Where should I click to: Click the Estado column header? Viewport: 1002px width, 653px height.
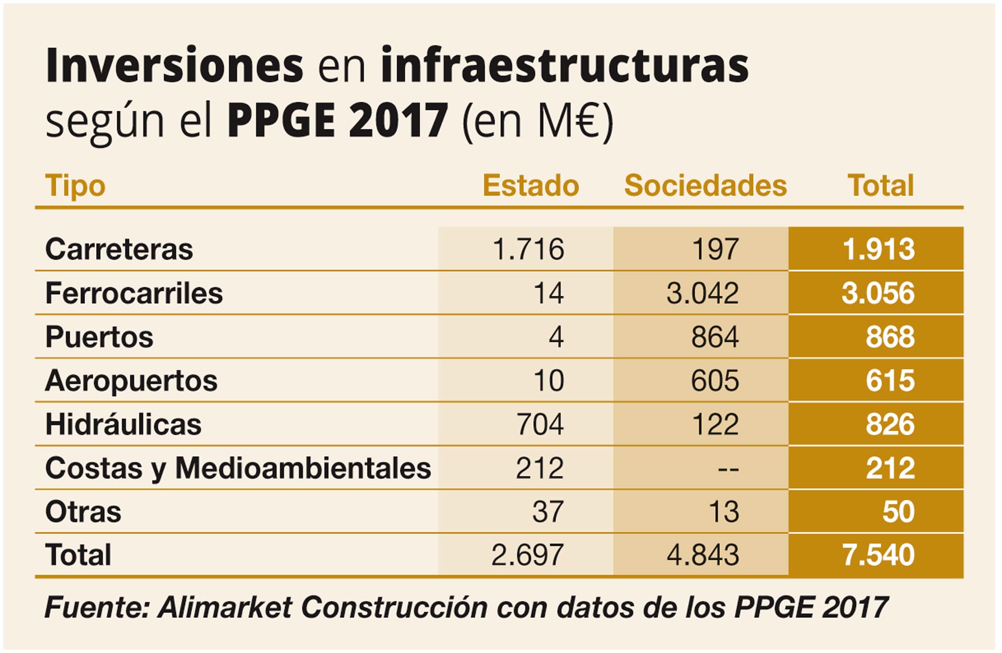(530, 186)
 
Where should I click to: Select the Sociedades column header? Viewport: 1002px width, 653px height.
(705, 186)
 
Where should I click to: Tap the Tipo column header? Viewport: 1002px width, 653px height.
(75, 186)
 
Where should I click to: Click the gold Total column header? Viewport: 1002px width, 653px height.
(880, 186)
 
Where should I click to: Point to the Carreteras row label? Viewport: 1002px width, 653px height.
(119, 250)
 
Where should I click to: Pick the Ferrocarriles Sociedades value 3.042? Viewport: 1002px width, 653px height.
(702, 294)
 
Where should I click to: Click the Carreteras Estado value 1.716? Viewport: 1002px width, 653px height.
(528, 250)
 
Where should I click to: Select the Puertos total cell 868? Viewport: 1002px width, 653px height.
(890, 337)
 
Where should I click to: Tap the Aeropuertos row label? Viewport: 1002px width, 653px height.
(131, 381)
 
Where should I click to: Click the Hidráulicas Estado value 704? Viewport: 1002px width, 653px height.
(539, 425)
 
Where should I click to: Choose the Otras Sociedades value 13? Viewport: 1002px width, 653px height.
(723, 512)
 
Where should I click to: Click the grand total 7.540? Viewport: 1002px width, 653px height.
(878, 555)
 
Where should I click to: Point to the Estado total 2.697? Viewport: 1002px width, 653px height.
(527, 555)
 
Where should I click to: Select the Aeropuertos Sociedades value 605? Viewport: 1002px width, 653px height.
(714, 381)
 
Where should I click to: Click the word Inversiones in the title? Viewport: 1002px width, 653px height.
(174, 66)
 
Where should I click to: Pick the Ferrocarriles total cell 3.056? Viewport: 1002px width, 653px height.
(878, 294)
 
